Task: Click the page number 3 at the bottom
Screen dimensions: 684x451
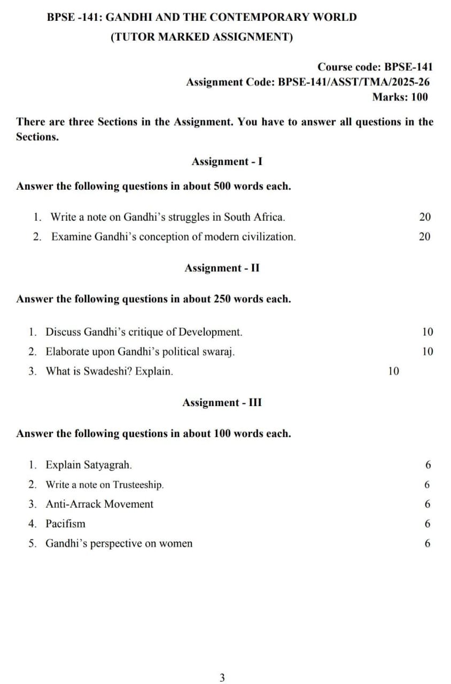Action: [222, 678]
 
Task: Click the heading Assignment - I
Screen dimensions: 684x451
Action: [227, 161]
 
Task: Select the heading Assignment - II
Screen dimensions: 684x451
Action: [222, 268]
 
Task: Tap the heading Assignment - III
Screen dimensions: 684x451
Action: [222, 402]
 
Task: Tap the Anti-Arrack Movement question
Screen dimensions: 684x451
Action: [99, 504]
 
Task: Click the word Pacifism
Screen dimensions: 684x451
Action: [65, 524]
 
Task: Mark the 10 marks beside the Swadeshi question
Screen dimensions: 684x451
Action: [393, 371]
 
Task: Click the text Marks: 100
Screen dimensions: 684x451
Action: [400, 97]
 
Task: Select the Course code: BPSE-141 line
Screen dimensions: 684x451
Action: [375, 67]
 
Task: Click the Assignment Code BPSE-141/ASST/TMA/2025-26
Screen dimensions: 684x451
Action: [307, 82]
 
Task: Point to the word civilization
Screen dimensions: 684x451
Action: [266, 237]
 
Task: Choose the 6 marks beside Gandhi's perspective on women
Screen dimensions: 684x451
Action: [427, 543]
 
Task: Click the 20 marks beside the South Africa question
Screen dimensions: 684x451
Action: [425, 217]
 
